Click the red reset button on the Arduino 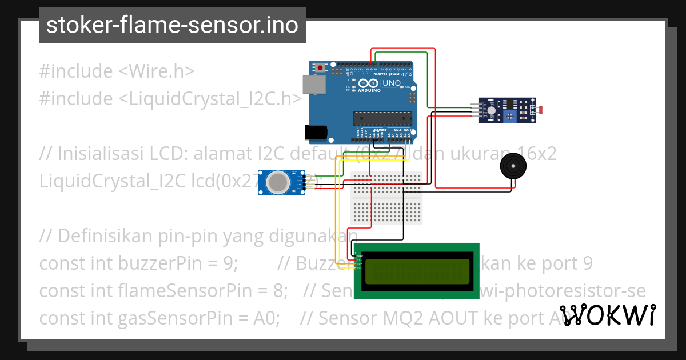[320, 68]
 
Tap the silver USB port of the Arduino [313, 85]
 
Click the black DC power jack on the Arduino [316, 132]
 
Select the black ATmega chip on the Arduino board [382, 118]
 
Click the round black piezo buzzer [512, 166]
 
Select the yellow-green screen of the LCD [417, 271]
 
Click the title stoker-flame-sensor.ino [172, 25]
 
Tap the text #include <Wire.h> [117, 71]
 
